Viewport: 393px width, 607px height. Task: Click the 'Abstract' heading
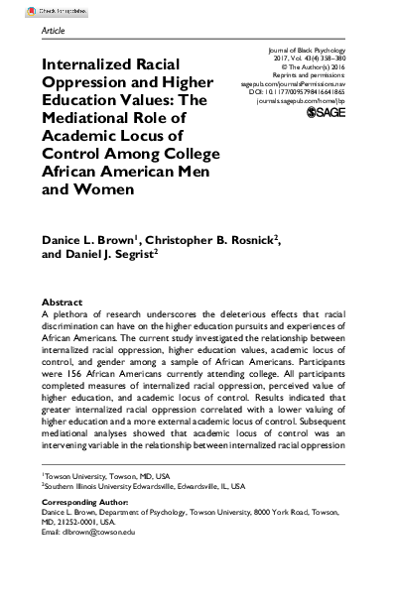[x=62, y=301]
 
